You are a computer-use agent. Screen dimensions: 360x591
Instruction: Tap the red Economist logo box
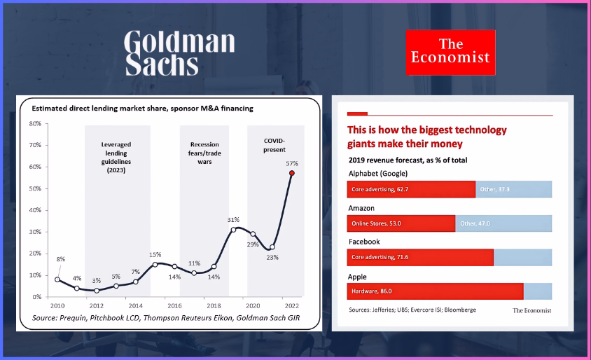450,52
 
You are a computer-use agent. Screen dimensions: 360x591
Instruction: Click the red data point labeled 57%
292,173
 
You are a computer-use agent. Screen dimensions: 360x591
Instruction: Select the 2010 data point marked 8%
57,279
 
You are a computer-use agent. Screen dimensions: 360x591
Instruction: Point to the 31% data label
233,220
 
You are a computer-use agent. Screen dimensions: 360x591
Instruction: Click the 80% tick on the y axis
34,123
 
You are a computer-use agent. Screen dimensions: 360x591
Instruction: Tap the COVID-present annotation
274,144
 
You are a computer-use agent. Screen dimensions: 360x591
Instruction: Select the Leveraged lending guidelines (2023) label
116,157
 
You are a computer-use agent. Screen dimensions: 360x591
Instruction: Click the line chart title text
142,109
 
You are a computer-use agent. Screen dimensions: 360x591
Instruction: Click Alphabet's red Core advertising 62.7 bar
411,189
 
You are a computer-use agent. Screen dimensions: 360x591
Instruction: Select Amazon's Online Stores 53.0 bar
401,223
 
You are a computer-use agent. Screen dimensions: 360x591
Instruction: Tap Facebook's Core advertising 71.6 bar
420,257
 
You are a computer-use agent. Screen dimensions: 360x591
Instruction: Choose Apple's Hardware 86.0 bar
435,291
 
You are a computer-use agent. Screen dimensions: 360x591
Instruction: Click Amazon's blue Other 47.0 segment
503,223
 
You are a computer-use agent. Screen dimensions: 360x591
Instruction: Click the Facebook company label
364,242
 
